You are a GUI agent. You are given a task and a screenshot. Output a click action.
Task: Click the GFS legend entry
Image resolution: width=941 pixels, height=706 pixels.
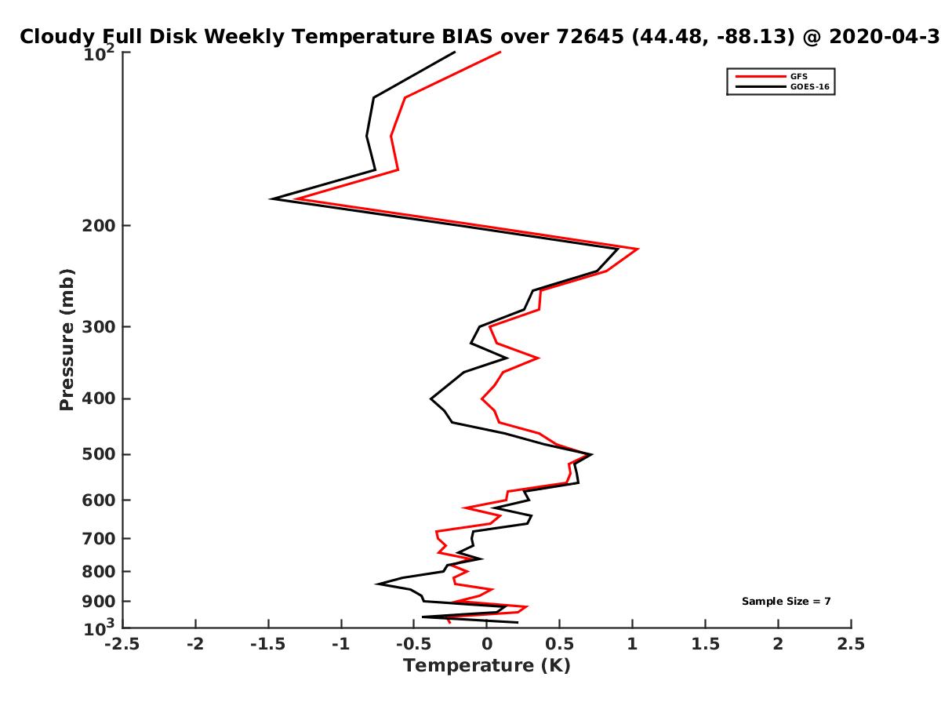tap(798, 77)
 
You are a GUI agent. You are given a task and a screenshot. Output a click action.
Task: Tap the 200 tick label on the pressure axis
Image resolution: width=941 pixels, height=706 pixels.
tap(99, 225)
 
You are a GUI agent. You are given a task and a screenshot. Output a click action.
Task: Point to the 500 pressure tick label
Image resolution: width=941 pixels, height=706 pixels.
tap(99, 454)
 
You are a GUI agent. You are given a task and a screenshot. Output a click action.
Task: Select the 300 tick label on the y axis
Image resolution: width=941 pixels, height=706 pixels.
tap(99, 326)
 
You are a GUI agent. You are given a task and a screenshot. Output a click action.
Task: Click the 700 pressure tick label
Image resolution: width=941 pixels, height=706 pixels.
tap(99, 538)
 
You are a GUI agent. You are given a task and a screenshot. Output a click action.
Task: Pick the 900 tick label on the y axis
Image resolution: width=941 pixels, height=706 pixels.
tap(99, 602)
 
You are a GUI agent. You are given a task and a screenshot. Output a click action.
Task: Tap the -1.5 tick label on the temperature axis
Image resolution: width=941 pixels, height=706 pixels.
tap(268, 644)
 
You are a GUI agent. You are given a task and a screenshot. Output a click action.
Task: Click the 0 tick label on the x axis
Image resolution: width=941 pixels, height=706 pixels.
tap(487, 644)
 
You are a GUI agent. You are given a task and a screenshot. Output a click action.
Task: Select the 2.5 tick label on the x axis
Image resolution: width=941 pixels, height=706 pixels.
tap(851, 644)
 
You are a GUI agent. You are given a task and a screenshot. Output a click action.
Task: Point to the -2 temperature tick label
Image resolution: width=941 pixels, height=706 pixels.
tap(195, 644)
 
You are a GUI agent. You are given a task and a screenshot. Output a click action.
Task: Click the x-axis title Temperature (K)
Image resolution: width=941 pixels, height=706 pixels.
tap(487, 666)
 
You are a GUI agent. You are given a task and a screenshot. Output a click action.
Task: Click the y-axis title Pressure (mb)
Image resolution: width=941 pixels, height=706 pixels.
tap(67, 340)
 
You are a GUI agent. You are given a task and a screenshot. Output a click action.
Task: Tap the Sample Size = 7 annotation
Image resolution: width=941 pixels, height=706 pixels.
tap(786, 601)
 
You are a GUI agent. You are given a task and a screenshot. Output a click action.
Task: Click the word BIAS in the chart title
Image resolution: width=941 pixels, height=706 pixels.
tap(467, 37)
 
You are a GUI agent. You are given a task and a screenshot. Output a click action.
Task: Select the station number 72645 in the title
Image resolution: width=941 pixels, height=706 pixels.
tap(590, 37)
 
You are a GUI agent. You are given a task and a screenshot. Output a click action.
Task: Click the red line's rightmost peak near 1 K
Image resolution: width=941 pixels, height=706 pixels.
tap(638, 249)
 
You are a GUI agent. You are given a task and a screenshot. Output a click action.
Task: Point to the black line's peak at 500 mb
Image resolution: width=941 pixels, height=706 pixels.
tap(592, 454)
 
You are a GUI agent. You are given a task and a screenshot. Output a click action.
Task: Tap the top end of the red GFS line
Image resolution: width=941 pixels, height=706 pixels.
tap(500, 52)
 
